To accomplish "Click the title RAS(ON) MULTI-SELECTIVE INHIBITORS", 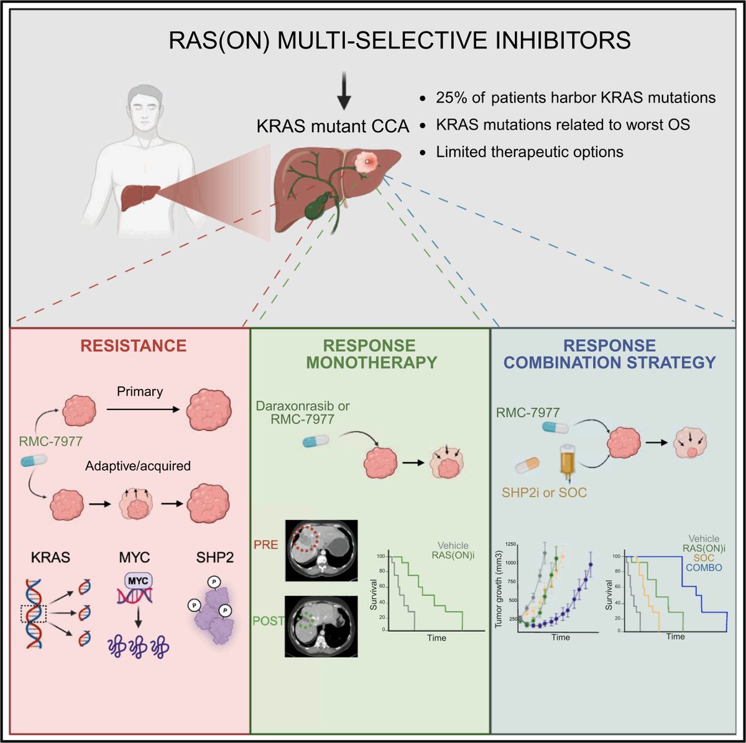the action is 400,40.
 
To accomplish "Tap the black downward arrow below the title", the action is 344,91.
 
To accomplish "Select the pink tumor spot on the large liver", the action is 366,162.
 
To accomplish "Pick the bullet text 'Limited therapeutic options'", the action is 530,152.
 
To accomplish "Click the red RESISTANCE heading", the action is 133,345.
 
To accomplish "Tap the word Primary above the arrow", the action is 140,391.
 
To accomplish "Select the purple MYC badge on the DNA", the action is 138,580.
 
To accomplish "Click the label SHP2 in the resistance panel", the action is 215,557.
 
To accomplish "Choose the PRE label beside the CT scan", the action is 265,544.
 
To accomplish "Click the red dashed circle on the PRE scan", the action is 305,540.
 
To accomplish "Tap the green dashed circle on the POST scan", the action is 306,620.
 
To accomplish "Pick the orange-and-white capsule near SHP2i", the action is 527,465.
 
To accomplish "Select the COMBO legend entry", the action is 704,568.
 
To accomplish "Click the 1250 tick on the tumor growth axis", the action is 511,544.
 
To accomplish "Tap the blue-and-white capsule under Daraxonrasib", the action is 316,441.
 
